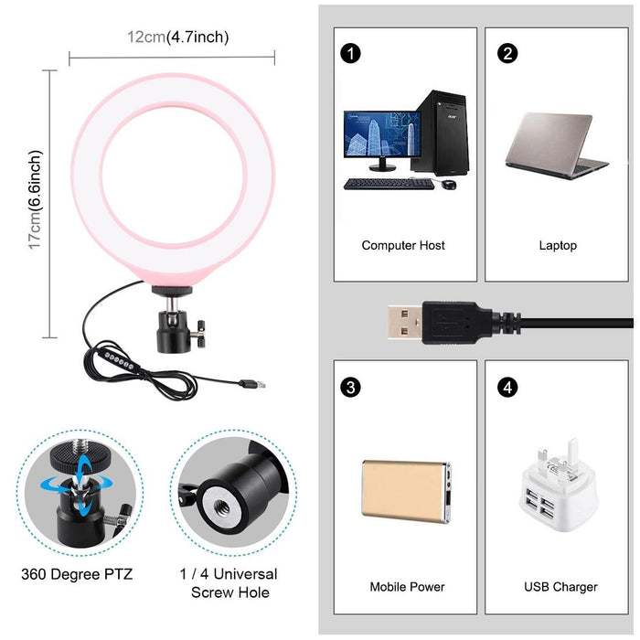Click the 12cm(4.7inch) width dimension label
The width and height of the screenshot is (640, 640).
pos(177,37)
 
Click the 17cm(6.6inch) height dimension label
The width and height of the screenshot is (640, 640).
pos(35,200)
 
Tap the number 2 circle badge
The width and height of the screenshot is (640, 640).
pos(507,52)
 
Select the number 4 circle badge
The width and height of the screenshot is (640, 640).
pos(507,386)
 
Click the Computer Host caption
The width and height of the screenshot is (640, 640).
pos(403,245)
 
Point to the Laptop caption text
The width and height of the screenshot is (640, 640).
pos(558,245)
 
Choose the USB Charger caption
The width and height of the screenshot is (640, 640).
pos(560,586)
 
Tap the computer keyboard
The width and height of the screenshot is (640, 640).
pos(389,184)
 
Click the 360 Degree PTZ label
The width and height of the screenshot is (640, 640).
pos(77,574)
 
